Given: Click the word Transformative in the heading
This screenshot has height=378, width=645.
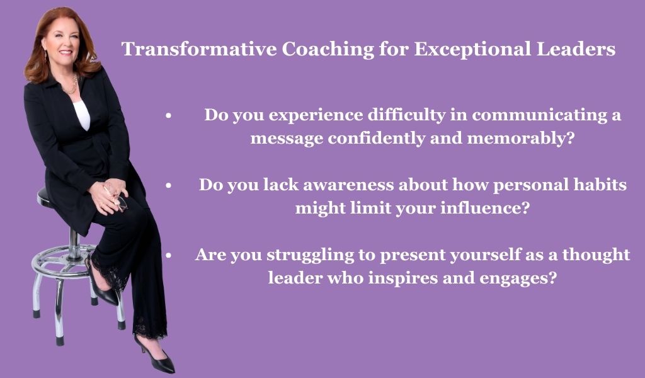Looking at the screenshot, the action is (x=199, y=49).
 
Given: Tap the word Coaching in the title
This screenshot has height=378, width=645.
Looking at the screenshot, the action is (x=328, y=49).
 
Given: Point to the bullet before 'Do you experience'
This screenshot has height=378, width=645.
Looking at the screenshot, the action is (x=168, y=116).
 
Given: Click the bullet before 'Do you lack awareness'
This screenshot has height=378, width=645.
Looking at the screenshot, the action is (x=168, y=186).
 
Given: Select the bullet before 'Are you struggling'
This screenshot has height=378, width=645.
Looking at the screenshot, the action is (x=168, y=256).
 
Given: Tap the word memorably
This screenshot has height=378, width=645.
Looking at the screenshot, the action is (x=520, y=138).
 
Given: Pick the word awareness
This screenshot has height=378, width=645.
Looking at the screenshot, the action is (x=348, y=185).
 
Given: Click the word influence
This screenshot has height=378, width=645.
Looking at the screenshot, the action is (x=484, y=208).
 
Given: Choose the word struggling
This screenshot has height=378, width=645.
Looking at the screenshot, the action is (x=310, y=255).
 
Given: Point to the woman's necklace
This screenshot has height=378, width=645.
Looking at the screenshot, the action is (x=71, y=86).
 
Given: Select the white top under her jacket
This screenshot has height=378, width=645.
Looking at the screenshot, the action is (x=82, y=115).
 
